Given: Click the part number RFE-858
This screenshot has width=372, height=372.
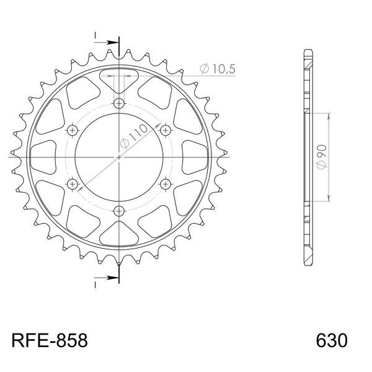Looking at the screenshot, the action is [x=50, y=340].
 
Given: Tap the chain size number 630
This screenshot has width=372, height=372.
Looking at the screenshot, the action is [x=332, y=340].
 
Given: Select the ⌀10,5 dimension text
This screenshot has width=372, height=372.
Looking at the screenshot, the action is [x=218, y=69].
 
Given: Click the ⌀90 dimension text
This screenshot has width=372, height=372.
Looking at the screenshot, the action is [x=322, y=157].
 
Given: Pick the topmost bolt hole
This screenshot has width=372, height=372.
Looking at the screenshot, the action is [x=119, y=104].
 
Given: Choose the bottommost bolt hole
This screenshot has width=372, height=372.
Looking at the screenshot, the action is [x=119, y=211].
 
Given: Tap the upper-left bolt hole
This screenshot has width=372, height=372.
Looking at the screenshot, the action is [x=73, y=130].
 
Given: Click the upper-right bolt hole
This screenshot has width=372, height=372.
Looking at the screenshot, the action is [x=166, y=130].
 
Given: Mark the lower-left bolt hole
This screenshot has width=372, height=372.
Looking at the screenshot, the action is [x=73, y=184].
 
